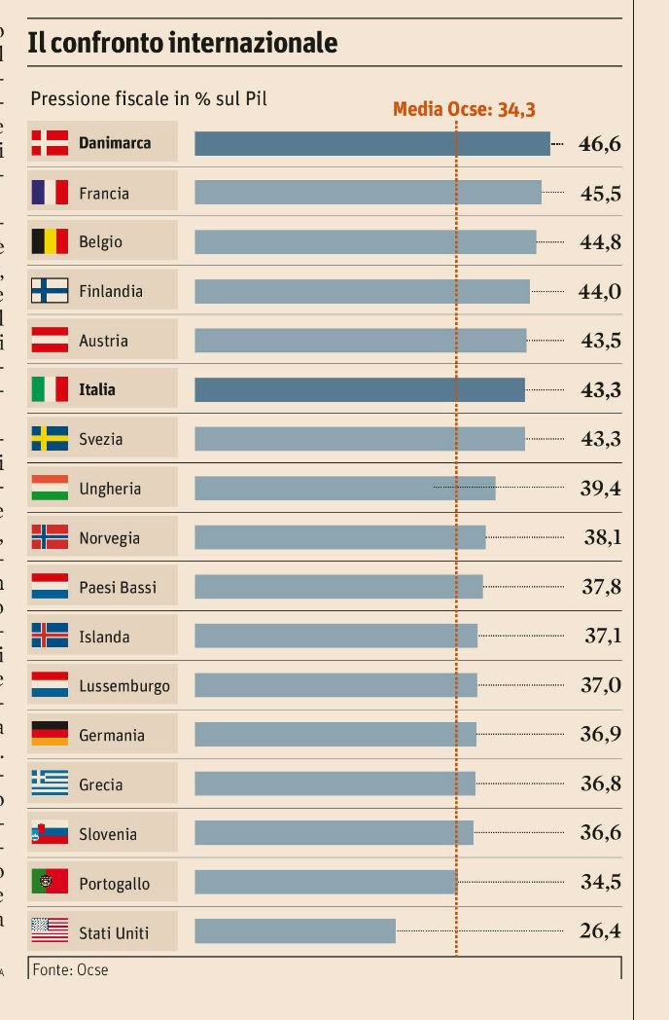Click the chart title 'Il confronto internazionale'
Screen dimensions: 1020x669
coord(183,43)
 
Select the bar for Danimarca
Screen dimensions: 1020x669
coord(371,143)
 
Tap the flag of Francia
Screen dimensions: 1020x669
coord(50,192)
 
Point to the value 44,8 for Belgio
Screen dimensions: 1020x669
coord(600,242)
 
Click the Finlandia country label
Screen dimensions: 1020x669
coord(111,291)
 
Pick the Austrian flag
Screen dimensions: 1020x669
coord(50,340)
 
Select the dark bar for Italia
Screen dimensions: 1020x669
coord(360,389)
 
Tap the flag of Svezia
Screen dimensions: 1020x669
coord(50,438)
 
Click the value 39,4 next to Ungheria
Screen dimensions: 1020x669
coord(600,489)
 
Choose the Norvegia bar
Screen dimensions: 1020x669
coord(339,537)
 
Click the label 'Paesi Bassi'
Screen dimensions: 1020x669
coord(118,588)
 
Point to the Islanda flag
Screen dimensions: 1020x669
coord(50,636)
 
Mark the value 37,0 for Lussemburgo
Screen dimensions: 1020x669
coord(600,686)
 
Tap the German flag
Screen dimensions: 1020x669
coord(50,734)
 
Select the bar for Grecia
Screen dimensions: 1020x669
coord(334,783)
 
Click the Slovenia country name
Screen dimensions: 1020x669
coord(108,834)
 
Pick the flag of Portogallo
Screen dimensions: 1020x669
coord(50,882)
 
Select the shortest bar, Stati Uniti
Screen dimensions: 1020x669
coord(295,931)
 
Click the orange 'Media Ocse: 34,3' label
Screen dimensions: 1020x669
coord(464,109)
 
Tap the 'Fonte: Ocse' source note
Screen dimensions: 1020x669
coord(70,970)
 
